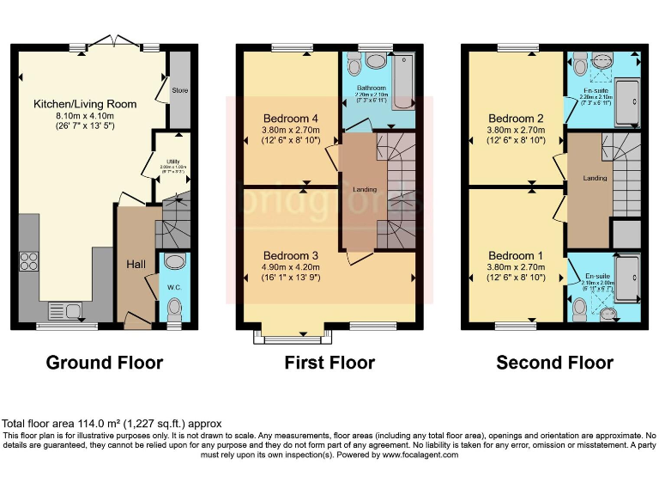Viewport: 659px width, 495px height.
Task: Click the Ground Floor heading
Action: coord(104,363)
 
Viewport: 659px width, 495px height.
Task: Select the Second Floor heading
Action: coord(554,363)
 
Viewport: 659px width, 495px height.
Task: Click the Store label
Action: coord(179,89)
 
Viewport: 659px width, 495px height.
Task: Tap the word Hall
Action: coord(136,265)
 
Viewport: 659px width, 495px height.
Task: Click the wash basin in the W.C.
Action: coord(173,262)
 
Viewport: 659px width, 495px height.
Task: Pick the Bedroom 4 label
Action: coord(289,118)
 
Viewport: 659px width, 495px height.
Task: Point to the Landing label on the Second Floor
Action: coord(594,178)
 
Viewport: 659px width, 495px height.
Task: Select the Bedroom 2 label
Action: coord(517,119)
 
